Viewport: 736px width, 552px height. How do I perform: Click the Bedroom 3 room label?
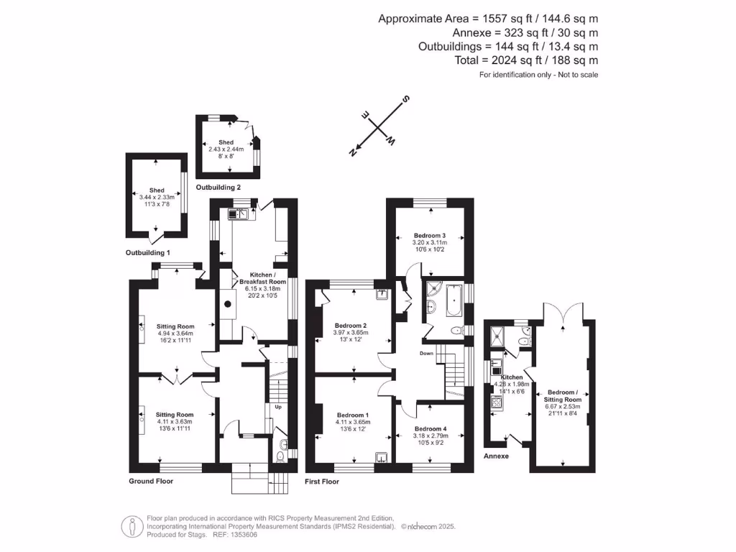click(x=429, y=236)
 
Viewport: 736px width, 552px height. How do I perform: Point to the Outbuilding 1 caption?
click(x=148, y=253)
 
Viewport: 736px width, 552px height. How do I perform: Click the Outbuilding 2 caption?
click(x=218, y=187)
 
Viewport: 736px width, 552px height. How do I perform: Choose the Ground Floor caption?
click(x=151, y=481)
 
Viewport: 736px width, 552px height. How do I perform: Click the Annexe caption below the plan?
click(x=496, y=456)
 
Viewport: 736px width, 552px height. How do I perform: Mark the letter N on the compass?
click(x=353, y=152)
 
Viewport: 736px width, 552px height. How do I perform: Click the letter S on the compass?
click(x=405, y=99)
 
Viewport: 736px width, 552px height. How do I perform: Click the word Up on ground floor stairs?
click(x=278, y=407)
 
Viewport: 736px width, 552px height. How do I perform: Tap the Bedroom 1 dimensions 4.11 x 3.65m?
click(x=353, y=422)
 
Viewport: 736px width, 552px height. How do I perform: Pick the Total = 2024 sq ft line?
click(x=526, y=60)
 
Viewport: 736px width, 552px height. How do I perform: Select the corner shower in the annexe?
click(x=497, y=332)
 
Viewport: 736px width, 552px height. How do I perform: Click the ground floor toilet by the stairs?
click(x=282, y=453)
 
